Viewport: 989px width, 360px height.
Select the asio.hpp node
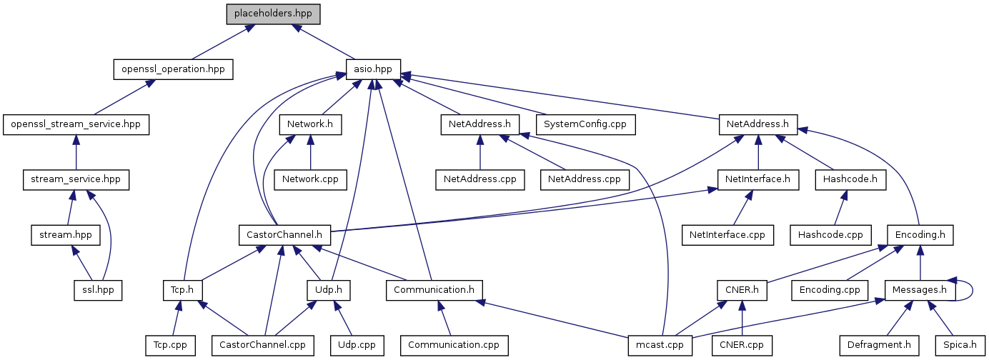pyautogui.click(x=372, y=69)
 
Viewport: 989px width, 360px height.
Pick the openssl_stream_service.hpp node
pyautogui.click(x=76, y=124)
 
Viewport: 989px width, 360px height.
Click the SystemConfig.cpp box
pyautogui.click(x=585, y=124)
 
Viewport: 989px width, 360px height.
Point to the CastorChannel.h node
pyautogui.click(x=284, y=234)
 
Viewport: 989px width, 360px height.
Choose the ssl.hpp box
pyautogui.click(x=98, y=290)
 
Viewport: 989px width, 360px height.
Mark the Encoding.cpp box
pyautogui.click(x=829, y=290)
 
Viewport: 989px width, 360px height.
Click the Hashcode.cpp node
pyautogui.click(x=830, y=234)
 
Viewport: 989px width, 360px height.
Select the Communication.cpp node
pyautogui.click(x=454, y=345)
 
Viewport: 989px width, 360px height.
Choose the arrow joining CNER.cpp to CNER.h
pyautogui.click(x=742, y=317)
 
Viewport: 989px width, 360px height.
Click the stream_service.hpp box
pyautogui.click(x=76, y=179)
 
